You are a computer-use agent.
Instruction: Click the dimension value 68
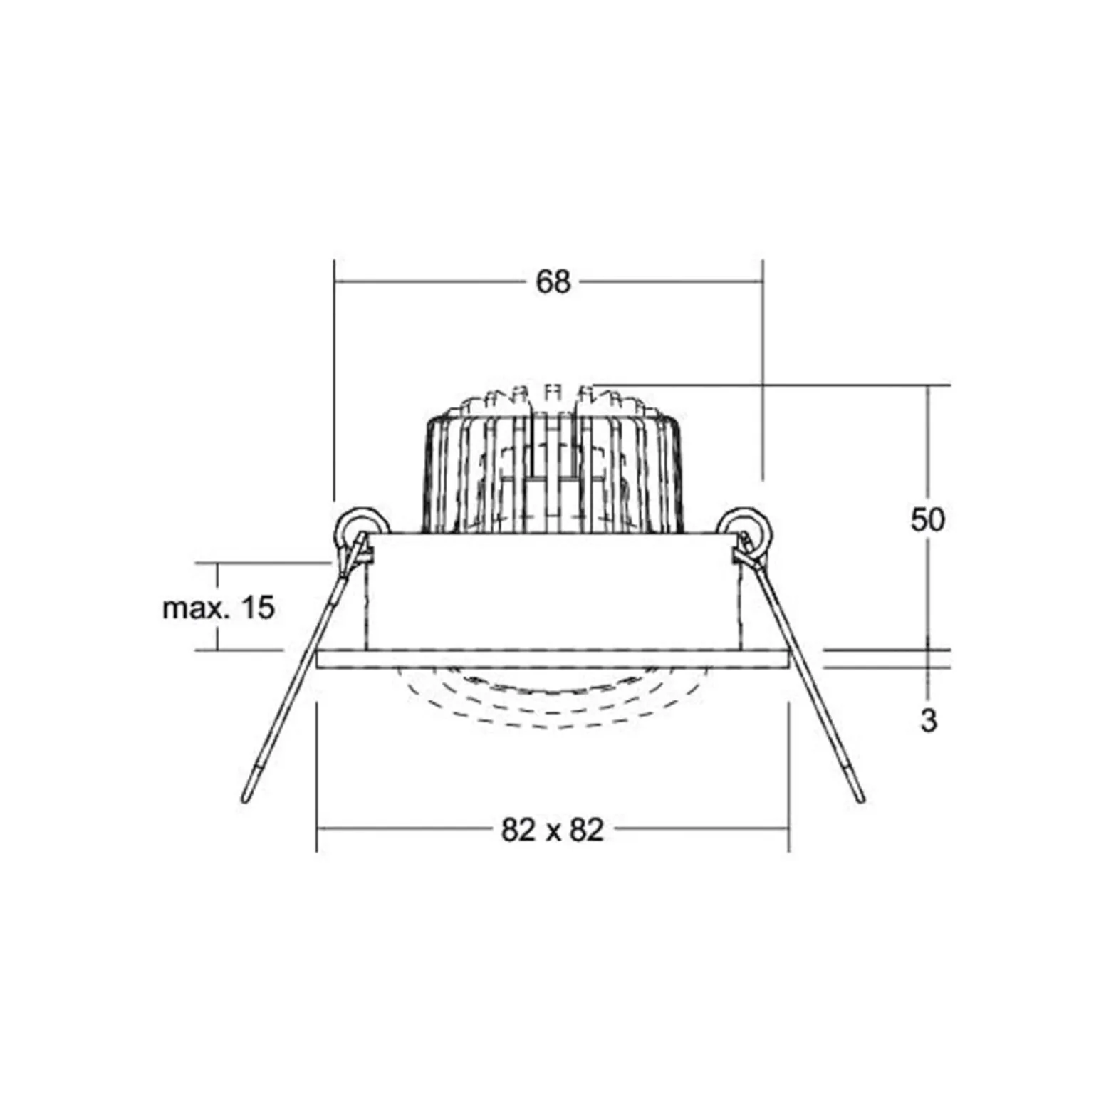coord(553,282)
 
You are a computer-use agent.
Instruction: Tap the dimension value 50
coord(927,520)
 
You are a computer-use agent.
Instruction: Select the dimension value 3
coord(929,720)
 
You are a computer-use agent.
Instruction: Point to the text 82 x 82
coord(553,830)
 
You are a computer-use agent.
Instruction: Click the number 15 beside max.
coord(257,608)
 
